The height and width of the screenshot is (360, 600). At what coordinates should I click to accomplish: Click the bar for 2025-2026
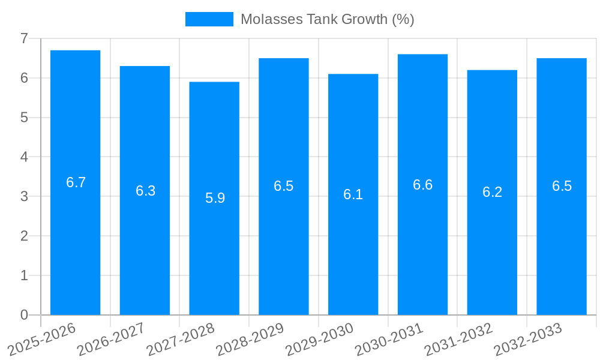tap(75, 240)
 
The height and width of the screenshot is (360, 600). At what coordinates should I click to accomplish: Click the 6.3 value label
tap(145, 191)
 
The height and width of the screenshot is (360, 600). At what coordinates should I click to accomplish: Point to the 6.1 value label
tap(353, 194)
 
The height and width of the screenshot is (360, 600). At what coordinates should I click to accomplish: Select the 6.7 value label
tap(76, 183)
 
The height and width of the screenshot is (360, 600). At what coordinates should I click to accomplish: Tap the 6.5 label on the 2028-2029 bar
tap(284, 186)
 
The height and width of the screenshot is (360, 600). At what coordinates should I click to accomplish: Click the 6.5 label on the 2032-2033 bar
tap(562, 186)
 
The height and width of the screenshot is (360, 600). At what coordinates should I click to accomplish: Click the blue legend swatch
tap(209, 19)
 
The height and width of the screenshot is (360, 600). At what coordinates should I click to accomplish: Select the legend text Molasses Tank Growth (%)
tap(327, 19)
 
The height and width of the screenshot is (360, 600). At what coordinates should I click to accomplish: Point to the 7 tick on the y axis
tap(24, 39)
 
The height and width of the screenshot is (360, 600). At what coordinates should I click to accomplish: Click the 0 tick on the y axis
tap(24, 315)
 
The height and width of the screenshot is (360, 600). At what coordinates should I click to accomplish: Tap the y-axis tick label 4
tap(24, 157)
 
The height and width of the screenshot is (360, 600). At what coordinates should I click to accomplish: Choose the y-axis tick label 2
tap(24, 236)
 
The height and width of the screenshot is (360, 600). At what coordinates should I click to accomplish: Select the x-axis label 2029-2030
tap(320, 338)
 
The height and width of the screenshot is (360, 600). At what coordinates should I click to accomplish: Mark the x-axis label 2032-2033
tap(528, 338)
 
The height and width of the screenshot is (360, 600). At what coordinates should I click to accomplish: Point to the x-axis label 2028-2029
tap(251, 338)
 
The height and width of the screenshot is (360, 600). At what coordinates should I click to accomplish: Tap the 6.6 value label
tap(422, 185)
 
